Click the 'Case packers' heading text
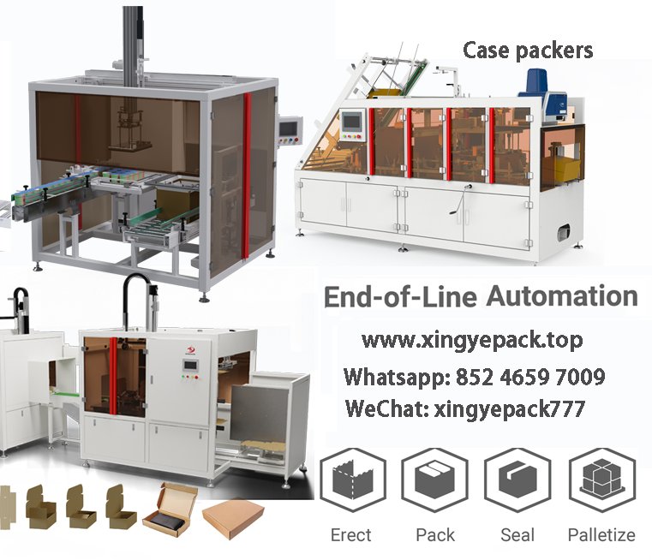click(528, 51)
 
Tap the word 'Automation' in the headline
click(561, 297)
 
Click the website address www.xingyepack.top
click(472, 340)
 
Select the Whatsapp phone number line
click(474, 377)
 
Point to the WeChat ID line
click(465, 408)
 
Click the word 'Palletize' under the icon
click(601, 535)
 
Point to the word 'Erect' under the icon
click(351, 535)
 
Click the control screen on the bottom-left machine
click(189, 369)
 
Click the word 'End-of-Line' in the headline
click(399, 297)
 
